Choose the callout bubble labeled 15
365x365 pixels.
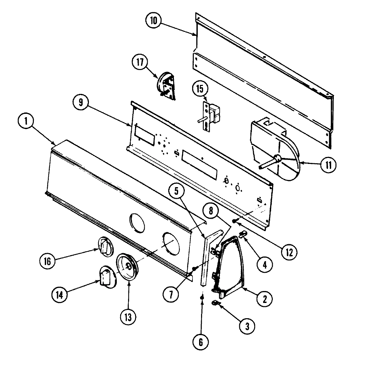[202, 89]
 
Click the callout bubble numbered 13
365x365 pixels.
[128, 317]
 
